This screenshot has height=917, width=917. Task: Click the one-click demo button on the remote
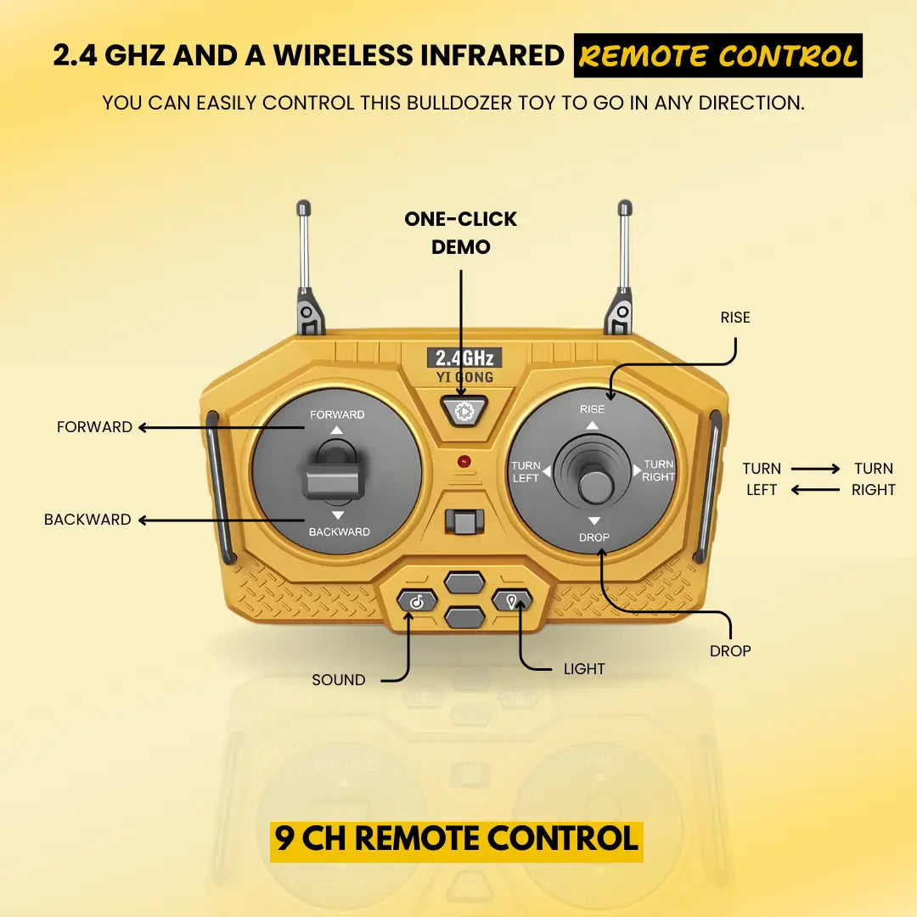coord(464,411)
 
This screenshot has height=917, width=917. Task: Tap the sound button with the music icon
coord(417,601)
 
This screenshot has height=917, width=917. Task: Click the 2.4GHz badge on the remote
coord(464,358)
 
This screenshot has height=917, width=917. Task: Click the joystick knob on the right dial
coord(595,484)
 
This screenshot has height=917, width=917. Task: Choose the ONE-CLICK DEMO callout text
coord(461,233)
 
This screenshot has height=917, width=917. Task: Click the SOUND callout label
coord(339,679)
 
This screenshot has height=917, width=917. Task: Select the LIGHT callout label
coord(584,668)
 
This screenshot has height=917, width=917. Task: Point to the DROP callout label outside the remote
coord(730,651)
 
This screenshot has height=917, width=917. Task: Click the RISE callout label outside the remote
coord(735,318)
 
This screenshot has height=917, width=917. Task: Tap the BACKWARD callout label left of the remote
coord(87,520)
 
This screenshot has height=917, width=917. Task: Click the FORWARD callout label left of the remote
coord(95,427)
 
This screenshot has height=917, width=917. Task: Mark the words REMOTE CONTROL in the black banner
coord(718,56)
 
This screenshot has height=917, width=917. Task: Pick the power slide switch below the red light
coord(464,521)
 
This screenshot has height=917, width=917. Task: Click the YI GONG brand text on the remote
coord(464,377)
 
